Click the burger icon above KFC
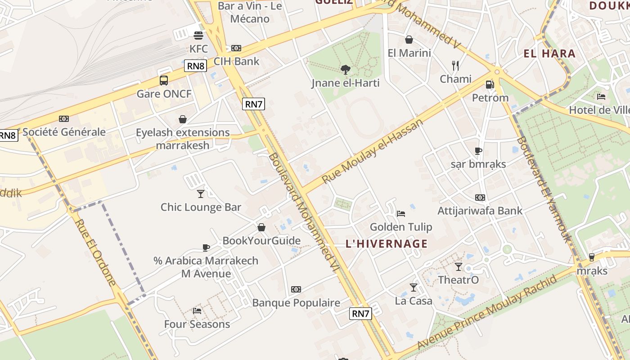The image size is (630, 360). pyautogui.click(x=198, y=35)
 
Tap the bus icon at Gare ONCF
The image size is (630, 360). pyautogui.click(x=164, y=81)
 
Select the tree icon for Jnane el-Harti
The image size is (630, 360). pyautogui.click(x=346, y=69)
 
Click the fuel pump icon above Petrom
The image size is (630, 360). pyautogui.click(x=490, y=84)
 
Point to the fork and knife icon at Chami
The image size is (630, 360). pyautogui.click(x=455, y=66)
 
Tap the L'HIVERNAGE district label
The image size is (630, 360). pyautogui.click(x=387, y=244)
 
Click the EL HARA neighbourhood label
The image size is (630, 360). pyautogui.click(x=549, y=54)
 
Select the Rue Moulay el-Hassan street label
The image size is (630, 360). pyautogui.click(x=373, y=151)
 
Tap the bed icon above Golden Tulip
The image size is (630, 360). pyautogui.click(x=401, y=213)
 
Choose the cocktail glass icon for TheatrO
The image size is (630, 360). pyautogui.click(x=458, y=266)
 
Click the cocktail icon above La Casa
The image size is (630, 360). pyautogui.click(x=413, y=287)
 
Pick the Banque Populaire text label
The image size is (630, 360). pyautogui.click(x=296, y=303)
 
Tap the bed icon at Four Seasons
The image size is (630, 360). pyautogui.click(x=197, y=310)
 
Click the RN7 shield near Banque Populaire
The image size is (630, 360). pyautogui.click(x=361, y=314)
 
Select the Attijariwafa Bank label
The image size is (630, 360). pyautogui.click(x=480, y=210)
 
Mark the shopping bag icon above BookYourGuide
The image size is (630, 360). pyautogui.click(x=261, y=227)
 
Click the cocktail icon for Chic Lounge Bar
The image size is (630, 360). pyautogui.click(x=201, y=193)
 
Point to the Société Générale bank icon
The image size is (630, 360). pyautogui.click(x=64, y=119)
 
